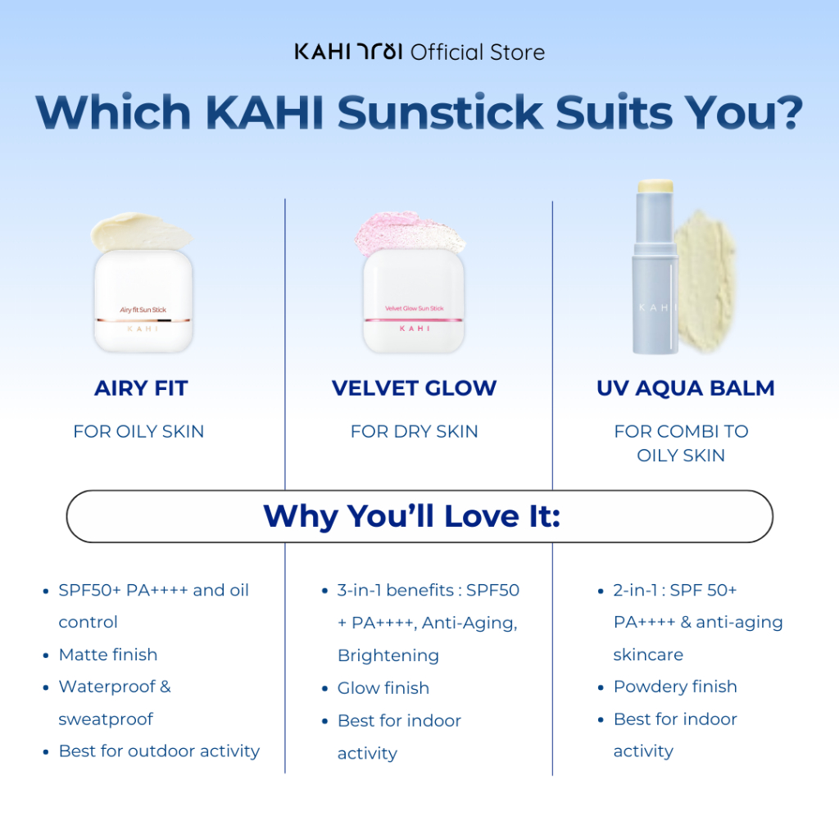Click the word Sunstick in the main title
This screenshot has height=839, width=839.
click(x=440, y=111)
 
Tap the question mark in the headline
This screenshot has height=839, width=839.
click(x=787, y=111)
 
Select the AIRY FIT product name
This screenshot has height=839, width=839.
click(x=141, y=388)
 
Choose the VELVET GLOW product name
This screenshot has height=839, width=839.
click(x=414, y=388)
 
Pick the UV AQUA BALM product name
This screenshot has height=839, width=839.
click(x=686, y=388)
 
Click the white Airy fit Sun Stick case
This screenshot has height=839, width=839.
click(x=143, y=301)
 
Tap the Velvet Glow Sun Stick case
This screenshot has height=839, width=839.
click(x=414, y=301)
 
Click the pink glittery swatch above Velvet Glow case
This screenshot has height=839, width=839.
click(x=410, y=234)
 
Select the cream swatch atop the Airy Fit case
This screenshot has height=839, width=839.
click(x=141, y=231)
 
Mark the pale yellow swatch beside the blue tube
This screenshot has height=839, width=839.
click(x=705, y=281)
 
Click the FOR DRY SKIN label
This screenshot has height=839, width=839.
click(x=414, y=431)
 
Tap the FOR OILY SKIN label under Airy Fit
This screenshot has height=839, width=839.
click(x=138, y=431)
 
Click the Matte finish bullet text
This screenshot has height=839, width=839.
click(x=108, y=655)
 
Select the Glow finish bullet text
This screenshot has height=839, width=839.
click(x=383, y=687)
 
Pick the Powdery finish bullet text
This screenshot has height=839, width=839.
click(x=675, y=687)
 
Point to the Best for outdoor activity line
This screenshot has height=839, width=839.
click(x=159, y=751)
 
